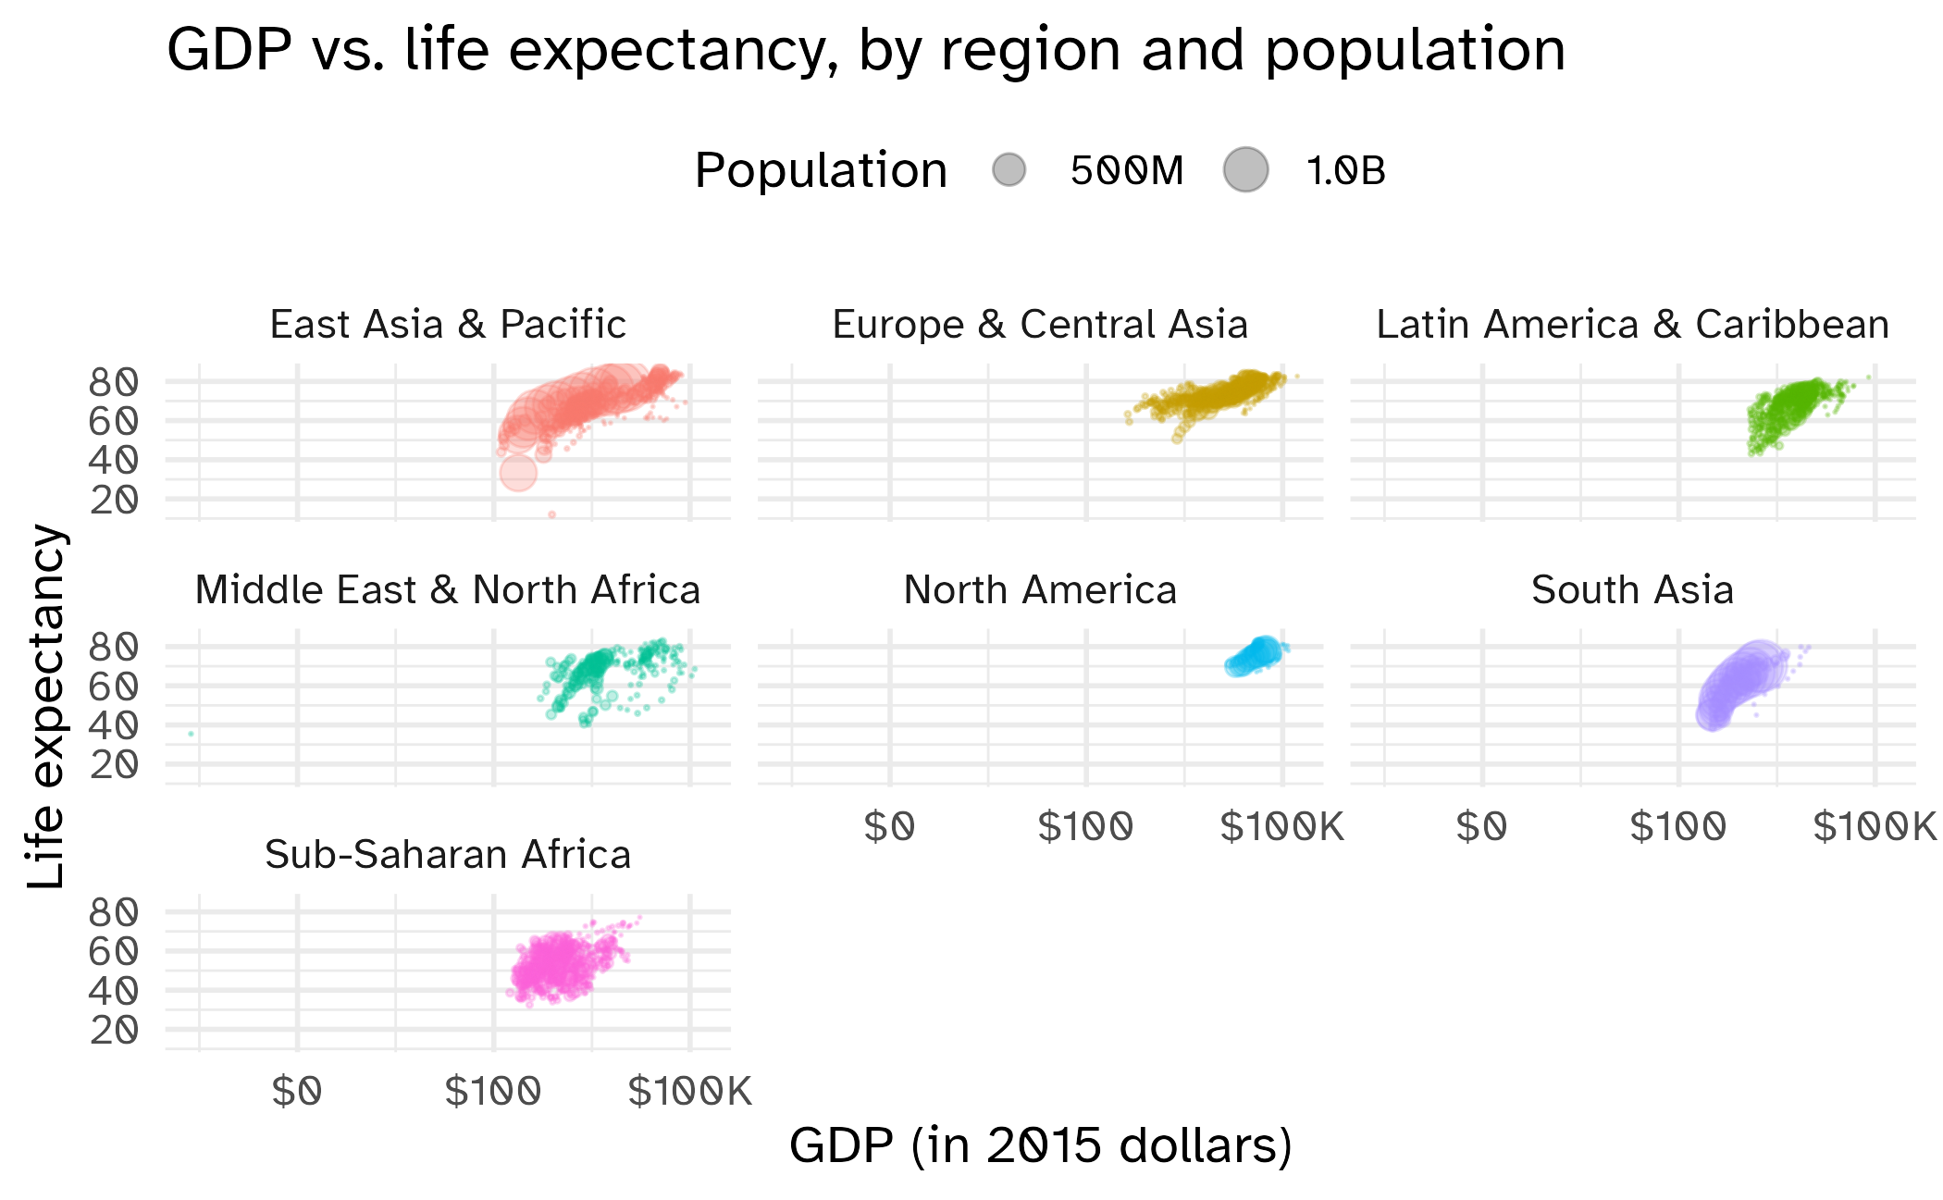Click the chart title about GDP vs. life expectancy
pyautogui.click(x=865, y=50)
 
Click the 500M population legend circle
pyautogui.click(x=1009, y=170)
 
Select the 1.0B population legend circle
pyautogui.click(x=1245, y=170)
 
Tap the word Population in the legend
pyautogui.click(x=821, y=171)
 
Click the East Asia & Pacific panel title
pyautogui.click(x=448, y=325)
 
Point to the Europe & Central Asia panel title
pyautogui.click(x=1040, y=325)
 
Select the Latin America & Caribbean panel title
pyautogui.click(x=1632, y=325)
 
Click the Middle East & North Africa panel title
pyautogui.click(x=448, y=590)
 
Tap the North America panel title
pyautogui.click(x=1040, y=590)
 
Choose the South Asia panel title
pyautogui.click(x=1632, y=590)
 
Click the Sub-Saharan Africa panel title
pyautogui.click(x=448, y=855)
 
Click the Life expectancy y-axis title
pyautogui.click(x=46, y=707)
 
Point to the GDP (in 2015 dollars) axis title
pyautogui.click(x=1040, y=1145)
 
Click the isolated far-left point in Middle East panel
pyautogui.click(x=191, y=734)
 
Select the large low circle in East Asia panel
pyautogui.click(x=518, y=473)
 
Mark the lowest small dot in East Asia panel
pyautogui.click(x=552, y=514)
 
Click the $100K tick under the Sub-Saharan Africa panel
pyautogui.click(x=689, y=1093)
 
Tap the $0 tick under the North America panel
pyautogui.click(x=889, y=827)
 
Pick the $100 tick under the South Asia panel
pyautogui.click(x=1677, y=827)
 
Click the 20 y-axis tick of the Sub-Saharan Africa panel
pyautogui.click(x=114, y=1030)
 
